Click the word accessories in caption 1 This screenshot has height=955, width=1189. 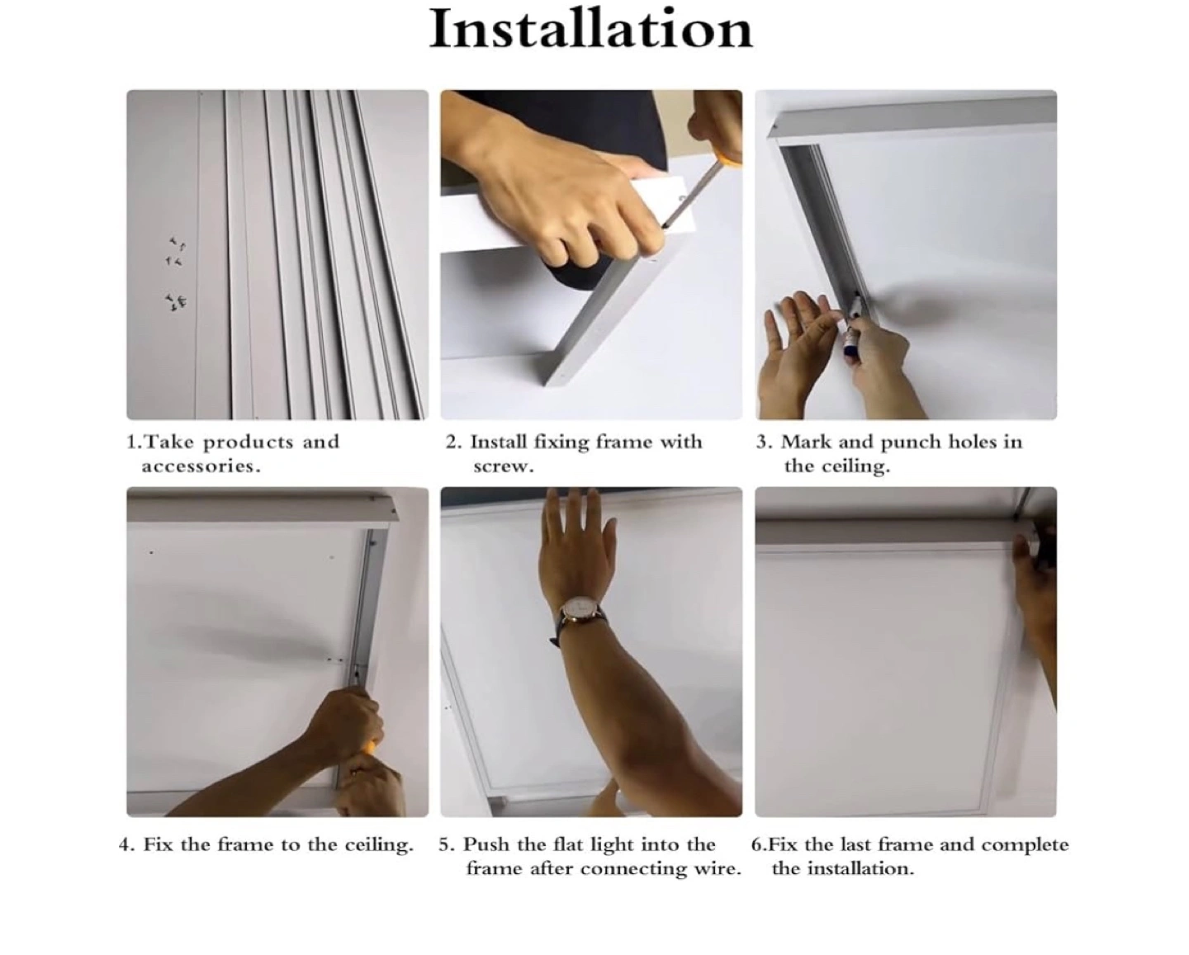[201, 466]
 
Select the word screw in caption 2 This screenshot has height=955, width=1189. [504, 466]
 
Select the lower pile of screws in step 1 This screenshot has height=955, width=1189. [177, 302]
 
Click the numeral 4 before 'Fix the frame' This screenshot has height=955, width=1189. [124, 844]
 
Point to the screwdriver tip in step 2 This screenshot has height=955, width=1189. [664, 225]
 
